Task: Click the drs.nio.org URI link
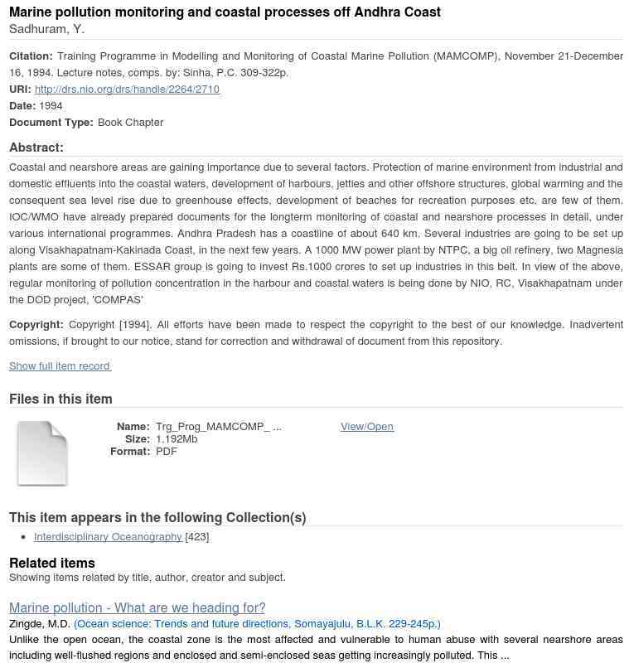[x=127, y=90]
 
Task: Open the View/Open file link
[x=366, y=427]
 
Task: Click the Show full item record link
[x=60, y=366]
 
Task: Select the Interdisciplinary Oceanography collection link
[x=108, y=537]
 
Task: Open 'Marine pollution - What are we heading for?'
[x=137, y=607]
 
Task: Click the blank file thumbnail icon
[x=42, y=453]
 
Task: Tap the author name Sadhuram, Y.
[x=46, y=30]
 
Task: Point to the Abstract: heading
[x=36, y=148]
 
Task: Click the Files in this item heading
[x=60, y=399]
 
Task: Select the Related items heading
[x=52, y=564]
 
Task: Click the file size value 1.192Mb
[x=177, y=439]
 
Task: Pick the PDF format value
[x=167, y=452]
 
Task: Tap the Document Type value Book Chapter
[x=130, y=123]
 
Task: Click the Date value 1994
[x=51, y=106]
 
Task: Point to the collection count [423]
[x=197, y=537]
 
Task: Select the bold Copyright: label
[x=36, y=325]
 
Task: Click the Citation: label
[x=31, y=56]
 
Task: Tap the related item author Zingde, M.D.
[x=39, y=624]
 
